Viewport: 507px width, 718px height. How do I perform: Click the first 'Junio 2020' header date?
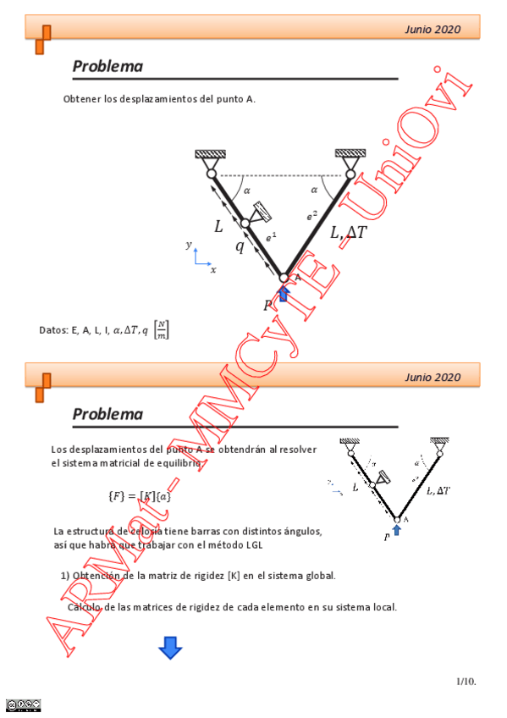433,30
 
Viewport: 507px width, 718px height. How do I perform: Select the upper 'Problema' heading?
107,66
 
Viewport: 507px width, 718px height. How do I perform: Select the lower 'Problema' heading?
107,414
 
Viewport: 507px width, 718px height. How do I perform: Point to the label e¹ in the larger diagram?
271,238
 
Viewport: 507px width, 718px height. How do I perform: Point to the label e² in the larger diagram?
312,216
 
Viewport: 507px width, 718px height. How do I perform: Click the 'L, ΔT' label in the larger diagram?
349,231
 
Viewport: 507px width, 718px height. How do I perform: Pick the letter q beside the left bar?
240,247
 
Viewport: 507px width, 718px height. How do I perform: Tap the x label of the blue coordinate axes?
212,269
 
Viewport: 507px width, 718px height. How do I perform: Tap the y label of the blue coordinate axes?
189,245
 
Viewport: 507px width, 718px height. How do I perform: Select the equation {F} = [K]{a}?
140,495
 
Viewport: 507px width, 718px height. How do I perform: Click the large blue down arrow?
170,648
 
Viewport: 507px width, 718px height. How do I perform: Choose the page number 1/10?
466,680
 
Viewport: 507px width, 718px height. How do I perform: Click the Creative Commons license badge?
23,704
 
